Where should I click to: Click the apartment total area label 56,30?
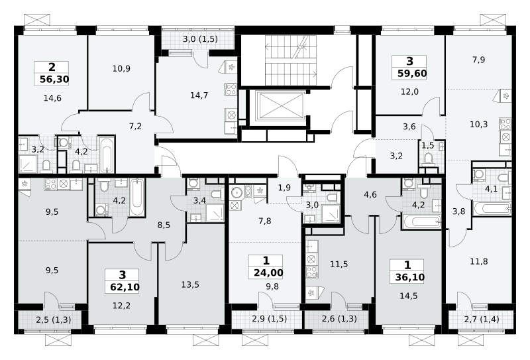(54, 80)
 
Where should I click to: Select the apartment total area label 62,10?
(125, 287)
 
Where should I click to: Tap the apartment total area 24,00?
(268, 272)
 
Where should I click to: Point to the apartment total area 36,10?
(409, 277)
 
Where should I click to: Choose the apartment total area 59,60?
(412, 74)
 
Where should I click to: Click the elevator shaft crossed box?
(281, 105)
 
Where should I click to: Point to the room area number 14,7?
(199, 95)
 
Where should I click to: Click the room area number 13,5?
(190, 285)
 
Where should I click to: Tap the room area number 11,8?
(478, 261)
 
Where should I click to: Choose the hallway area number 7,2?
(135, 127)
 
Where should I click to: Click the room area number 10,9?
(121, 69)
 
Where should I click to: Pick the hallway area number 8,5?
(164, 225)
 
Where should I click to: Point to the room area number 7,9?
(478, 60)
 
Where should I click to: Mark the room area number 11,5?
(339, 265)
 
